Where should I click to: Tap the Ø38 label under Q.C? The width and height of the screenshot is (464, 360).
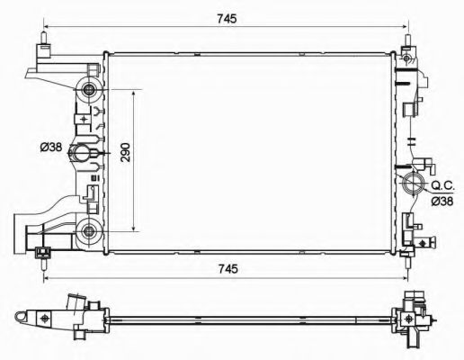coord(442,201)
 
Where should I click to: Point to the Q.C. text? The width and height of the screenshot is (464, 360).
coord(442,184)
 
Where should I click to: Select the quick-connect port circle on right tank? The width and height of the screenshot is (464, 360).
coord(415,187)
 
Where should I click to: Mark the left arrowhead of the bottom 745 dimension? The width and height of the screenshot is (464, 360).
coord(45,280)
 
